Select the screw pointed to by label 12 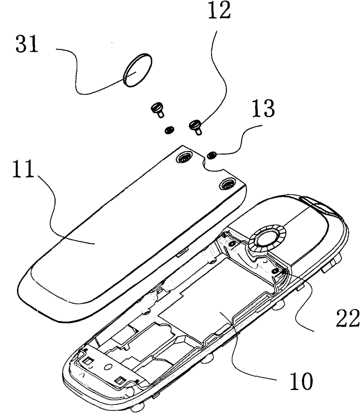pyautogui.click(x=196, y=125)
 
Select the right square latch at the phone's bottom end pyautogui.click(x=119, y=381)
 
